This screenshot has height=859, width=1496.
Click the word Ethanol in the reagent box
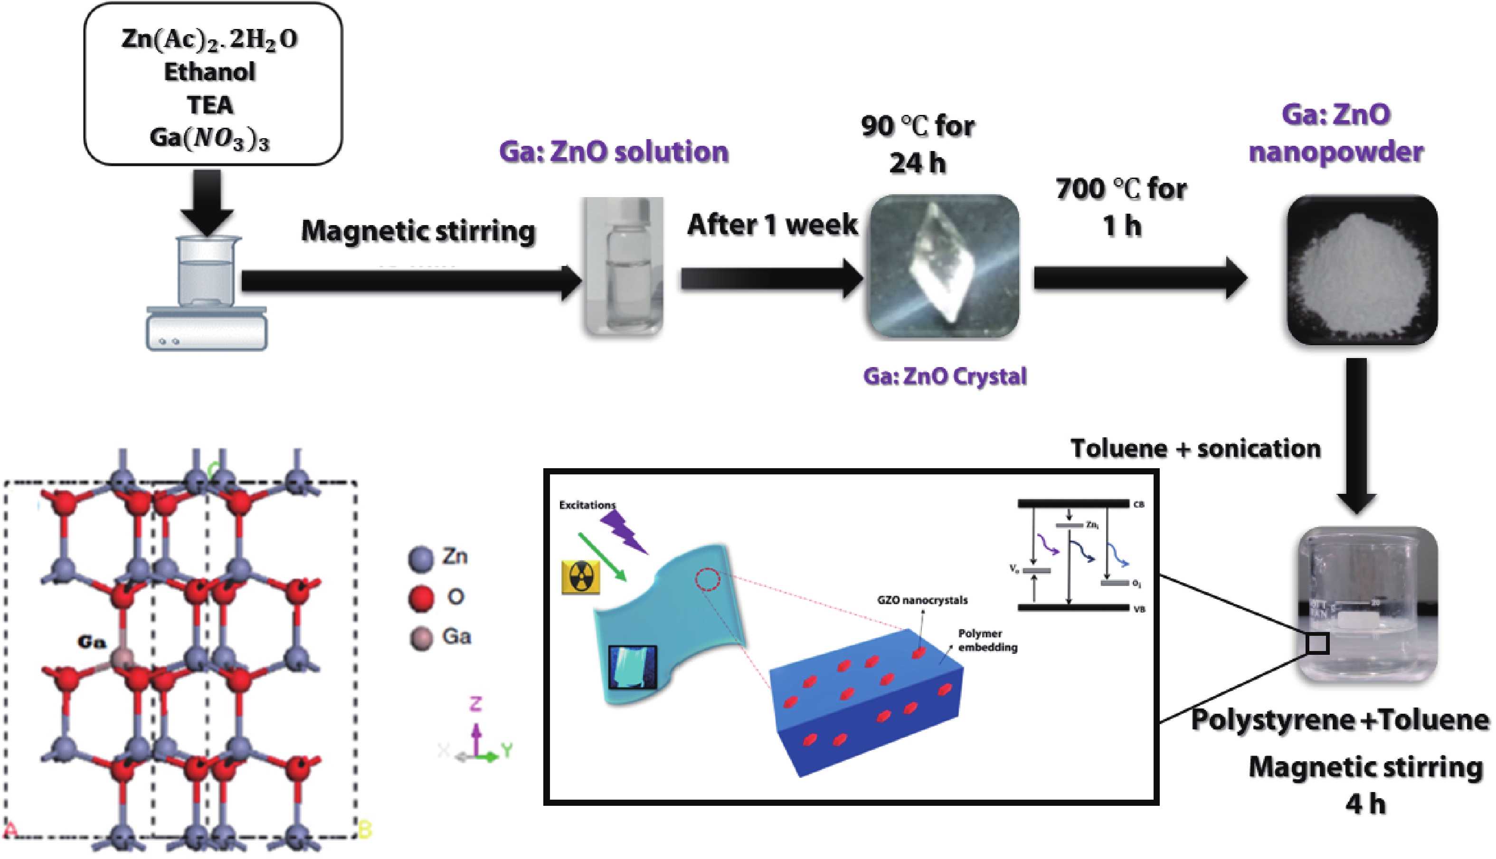(x=209, y=72)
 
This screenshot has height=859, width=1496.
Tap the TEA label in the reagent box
(x=210, y=105)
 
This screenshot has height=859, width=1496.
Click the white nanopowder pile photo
(x=1362, y=270)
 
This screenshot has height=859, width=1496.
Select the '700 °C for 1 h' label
(x=1121, y=207)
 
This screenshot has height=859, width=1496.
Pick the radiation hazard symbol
(x=581, y=576)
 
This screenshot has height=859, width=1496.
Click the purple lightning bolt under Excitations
(x=624, y=531)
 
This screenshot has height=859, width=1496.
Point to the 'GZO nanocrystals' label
(x=922, y=601)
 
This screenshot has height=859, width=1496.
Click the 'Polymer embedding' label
(x=987, y=640)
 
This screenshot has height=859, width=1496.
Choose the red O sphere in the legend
(x=421, y=598)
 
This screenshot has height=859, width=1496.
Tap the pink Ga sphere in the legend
(x=421, y=638)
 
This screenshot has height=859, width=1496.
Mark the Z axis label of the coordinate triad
(x=475, y=704)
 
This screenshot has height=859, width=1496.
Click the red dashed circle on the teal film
(x=707, y=579)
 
